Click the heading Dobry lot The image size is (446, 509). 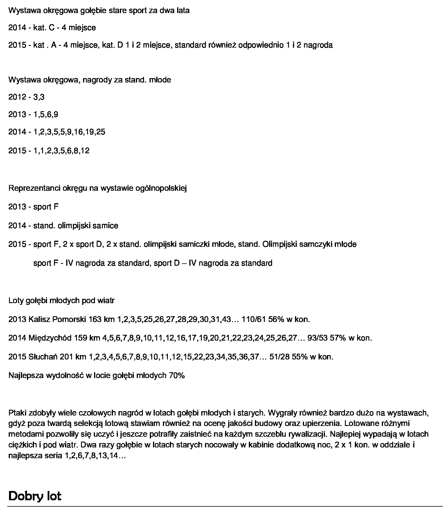[x=35, y=496]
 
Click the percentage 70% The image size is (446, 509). [x=177, y=375]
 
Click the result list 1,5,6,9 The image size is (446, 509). [x=46, y=114]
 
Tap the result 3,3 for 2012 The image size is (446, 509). [x=39, y=97]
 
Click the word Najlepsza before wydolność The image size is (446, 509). [x=27, y=375]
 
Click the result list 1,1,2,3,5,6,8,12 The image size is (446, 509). [x=61, y=151]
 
